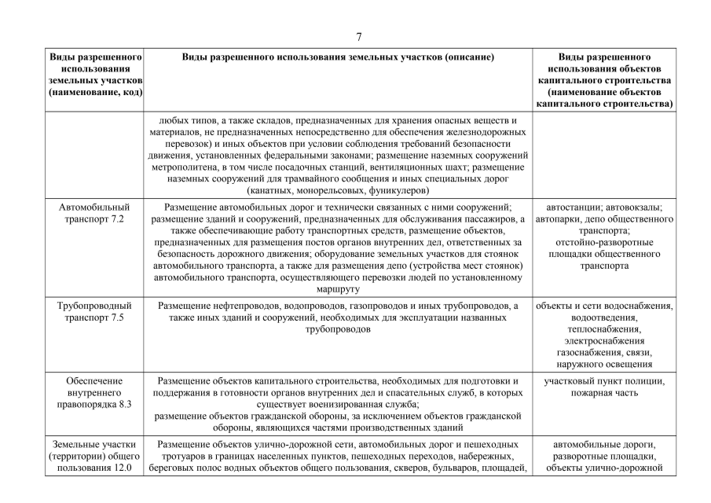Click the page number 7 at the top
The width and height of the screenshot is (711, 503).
358,36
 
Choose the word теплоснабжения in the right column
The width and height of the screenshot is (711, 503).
604,329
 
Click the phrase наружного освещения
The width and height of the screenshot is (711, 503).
604,365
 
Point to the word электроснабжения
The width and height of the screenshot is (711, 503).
604,341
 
